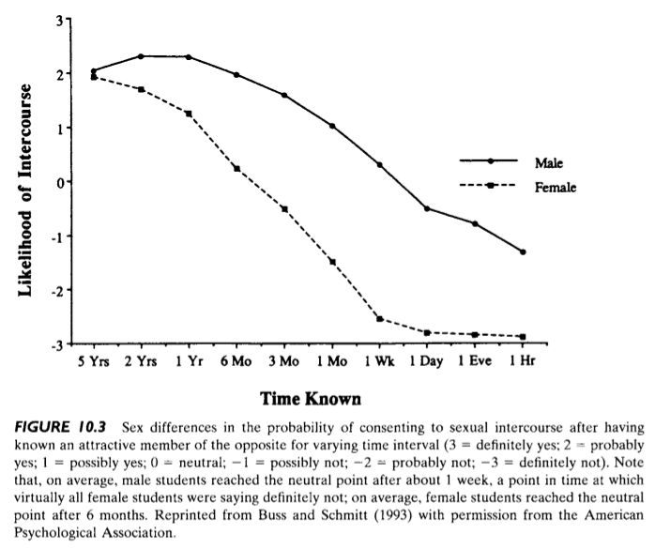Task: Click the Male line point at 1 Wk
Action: (x=379, y=164)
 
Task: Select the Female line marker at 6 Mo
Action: (x=236, y=169)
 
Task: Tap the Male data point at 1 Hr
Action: (x=523, y=252)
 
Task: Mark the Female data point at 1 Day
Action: (x=427, y=332)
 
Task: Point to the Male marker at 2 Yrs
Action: (x=141, y=56)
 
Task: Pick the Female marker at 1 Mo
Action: (x=332, y=262)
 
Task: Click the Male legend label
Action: (x=549, y=162)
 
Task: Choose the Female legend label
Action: (x=555, y=187)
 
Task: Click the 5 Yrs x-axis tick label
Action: (x=93, y=362)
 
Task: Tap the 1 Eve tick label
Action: (x=474, y=362)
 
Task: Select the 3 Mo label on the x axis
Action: (x=283, y=362)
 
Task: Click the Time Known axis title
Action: (x=309, y=399)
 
